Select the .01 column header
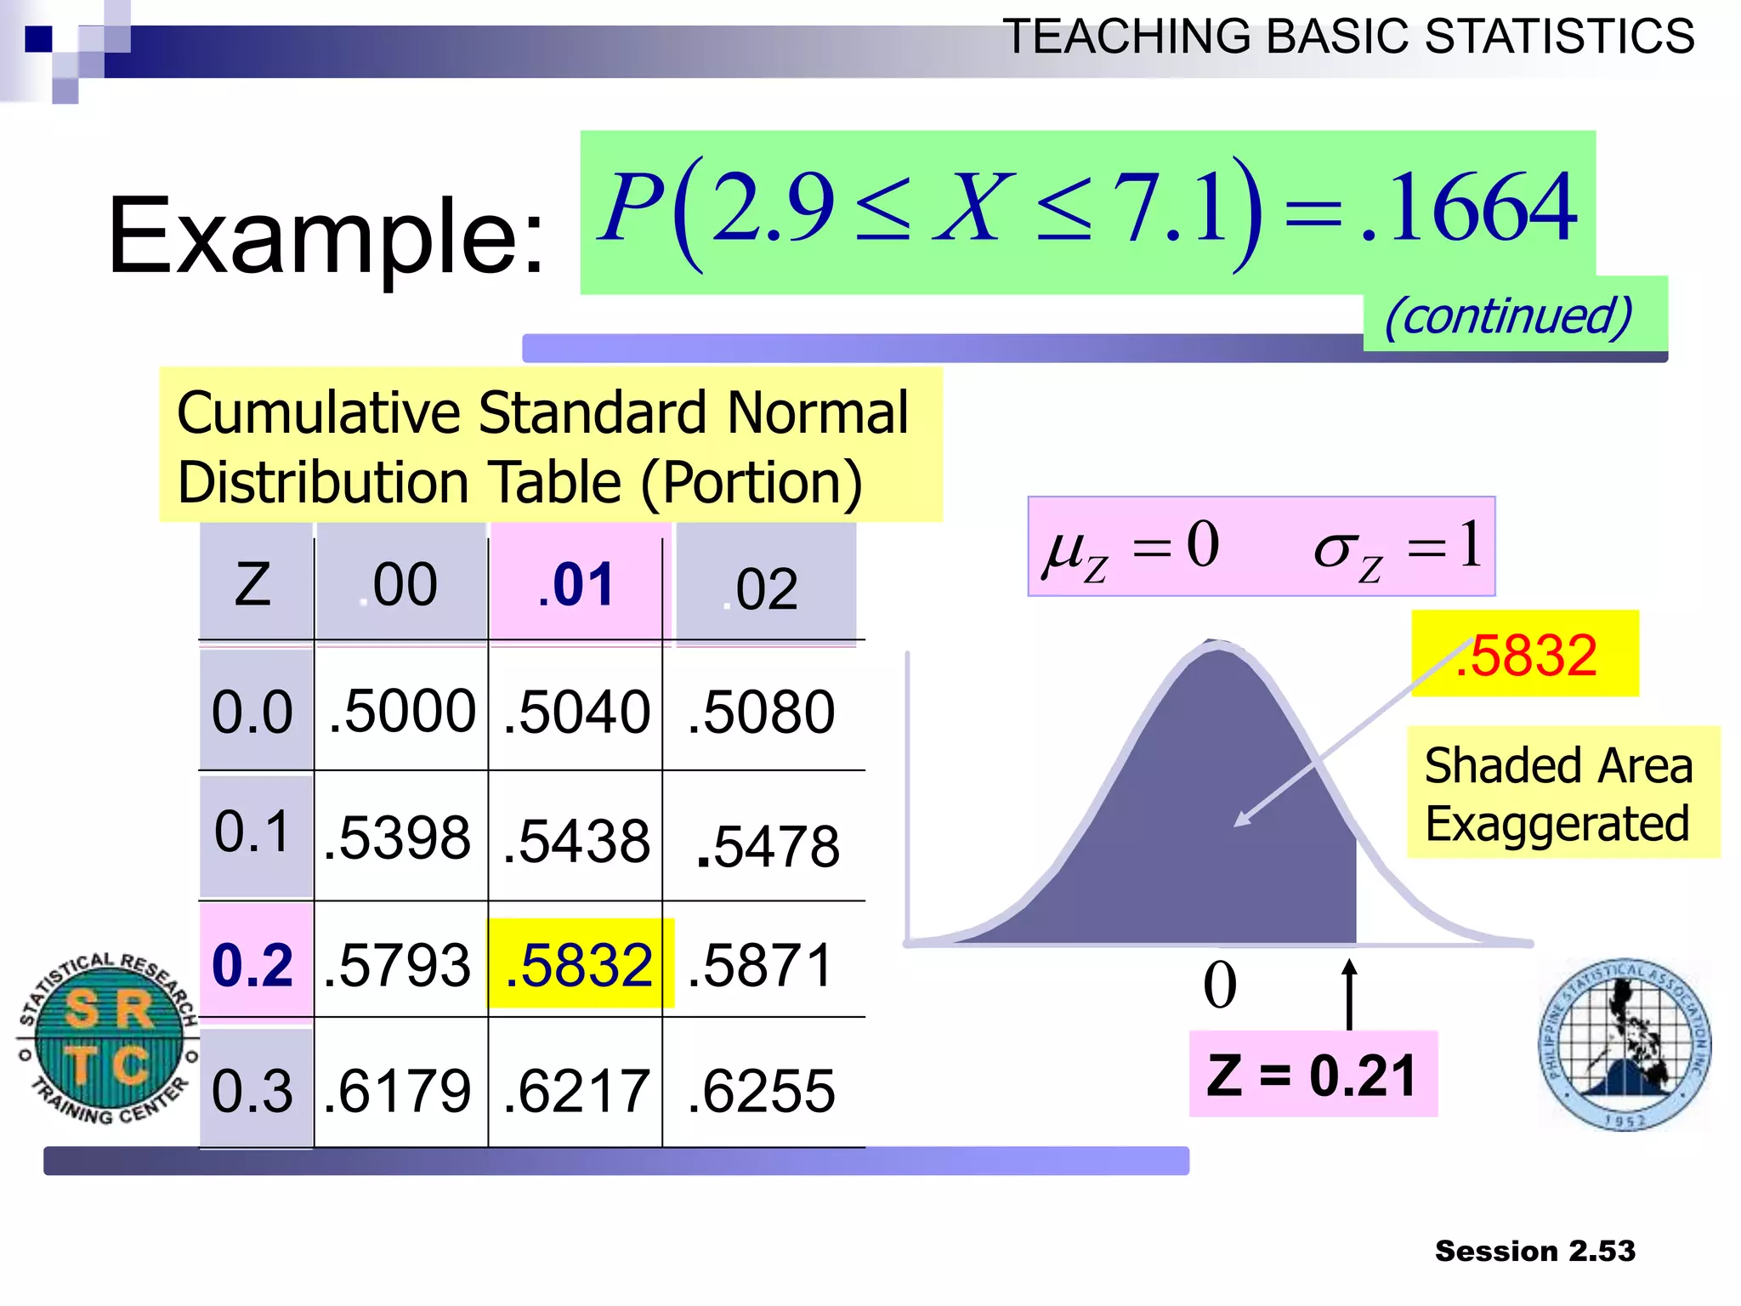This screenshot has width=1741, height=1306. click(576, 585)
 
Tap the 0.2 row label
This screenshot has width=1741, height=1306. click(253, 965)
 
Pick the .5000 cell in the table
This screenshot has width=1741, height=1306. click(401, 711)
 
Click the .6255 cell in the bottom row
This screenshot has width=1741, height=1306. click(762, 1091)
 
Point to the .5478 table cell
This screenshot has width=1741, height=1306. click(768, 846)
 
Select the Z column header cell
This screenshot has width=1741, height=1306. click(253, 585)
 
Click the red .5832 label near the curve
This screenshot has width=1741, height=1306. click(1525, 655)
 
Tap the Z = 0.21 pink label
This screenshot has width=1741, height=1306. click(1313, 1075)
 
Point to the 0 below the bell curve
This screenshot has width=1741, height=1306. click(1220, 985)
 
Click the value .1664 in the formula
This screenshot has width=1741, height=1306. click(1471, 208)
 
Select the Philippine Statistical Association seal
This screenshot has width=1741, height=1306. click(1625, 1045)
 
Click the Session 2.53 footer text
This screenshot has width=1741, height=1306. click(1534, 1251)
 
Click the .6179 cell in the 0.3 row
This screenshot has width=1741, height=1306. click(398, 1091)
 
